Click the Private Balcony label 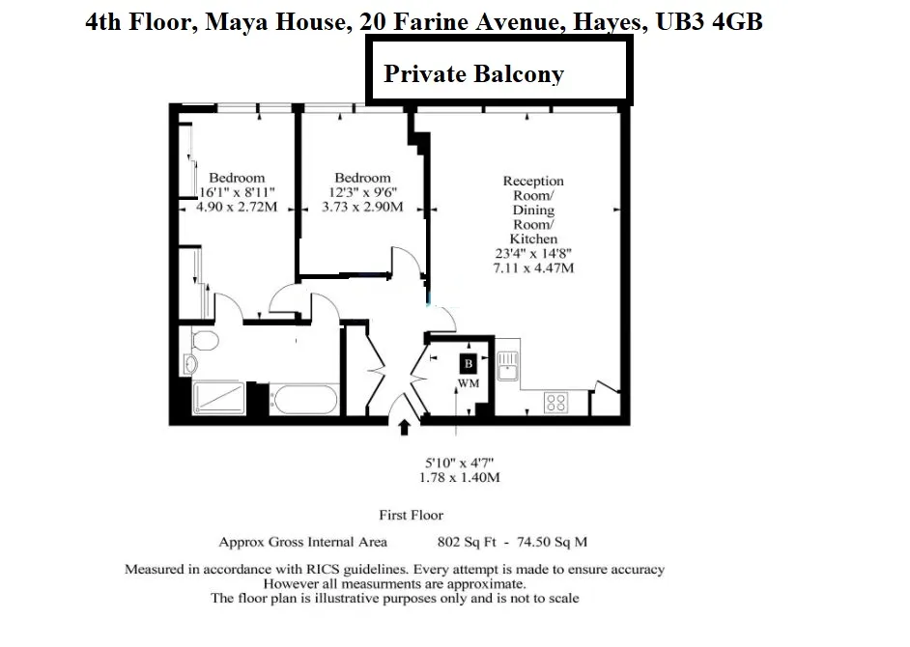coord(473,74)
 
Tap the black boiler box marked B coord(468,363)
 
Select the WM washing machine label coord(469,383)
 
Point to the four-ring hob coord(555,402)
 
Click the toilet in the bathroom coord(203,341)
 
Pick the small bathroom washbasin coord(190,364)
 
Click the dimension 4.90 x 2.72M coord(238,207)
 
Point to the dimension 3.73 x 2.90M coord(362,207)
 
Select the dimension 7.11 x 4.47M coord(533,267)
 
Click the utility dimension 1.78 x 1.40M coord(461,477)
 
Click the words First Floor coord(412,516)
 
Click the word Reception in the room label coord(533,182)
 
